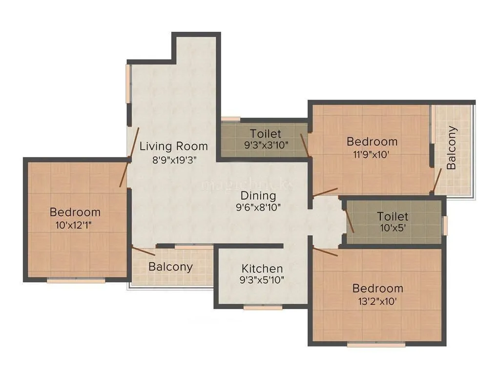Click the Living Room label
[x=174, y=146]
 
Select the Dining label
[x=258, y=196]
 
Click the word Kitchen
[x=262, y=269]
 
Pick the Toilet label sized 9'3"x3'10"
[x=266, y=133]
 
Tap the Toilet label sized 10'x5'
[x=393, y=216]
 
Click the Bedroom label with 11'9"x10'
[x=372, y=142]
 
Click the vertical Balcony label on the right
[x=452, y=147]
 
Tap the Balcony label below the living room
[x=170, y=267]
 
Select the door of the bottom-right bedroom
[x=325, y=252]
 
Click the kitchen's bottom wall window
[x=263, y=308]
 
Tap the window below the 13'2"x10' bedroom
[x=376, y=345]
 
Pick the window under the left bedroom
[x=76, y=281]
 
